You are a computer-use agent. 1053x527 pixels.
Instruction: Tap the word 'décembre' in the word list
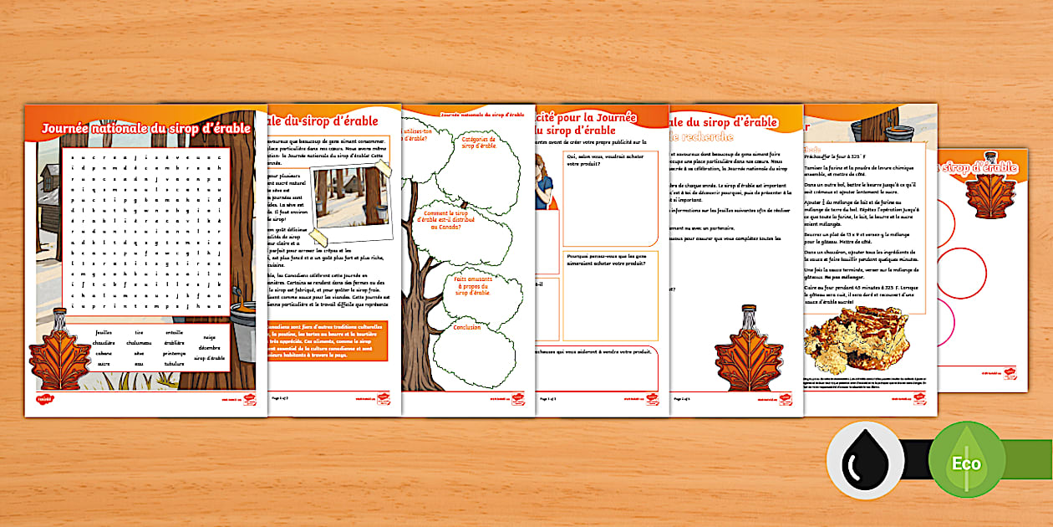coord(209,347)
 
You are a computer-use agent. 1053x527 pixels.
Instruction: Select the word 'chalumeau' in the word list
coord(139,342)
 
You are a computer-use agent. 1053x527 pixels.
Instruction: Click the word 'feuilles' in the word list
coord(104,332)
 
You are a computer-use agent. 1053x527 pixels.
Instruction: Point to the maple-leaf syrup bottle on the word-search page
coord(61,351)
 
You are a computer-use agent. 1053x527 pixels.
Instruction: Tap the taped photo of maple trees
coord(348,197)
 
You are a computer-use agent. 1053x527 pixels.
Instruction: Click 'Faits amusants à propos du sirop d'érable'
coord(473,286)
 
